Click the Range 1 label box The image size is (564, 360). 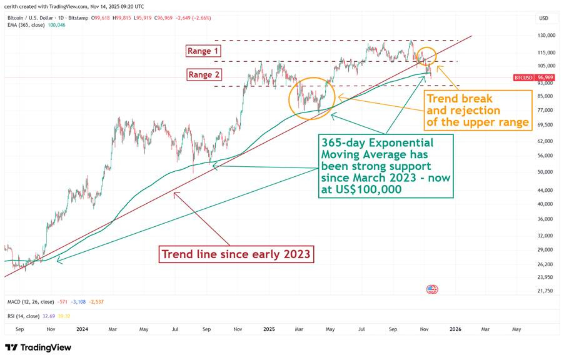[203, 51]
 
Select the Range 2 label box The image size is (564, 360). [203, 75]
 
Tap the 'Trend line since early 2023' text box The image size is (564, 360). [236, 254]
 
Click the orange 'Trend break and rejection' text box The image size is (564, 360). [477, 110]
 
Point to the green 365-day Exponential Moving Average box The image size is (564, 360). [385, 166]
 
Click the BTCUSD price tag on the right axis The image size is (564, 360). [523, 77]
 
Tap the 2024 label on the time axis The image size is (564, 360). [81, 329]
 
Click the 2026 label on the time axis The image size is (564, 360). [455, 329]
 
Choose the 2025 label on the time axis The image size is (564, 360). [269, 329]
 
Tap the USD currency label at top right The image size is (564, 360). [543, 19]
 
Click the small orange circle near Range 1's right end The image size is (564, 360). [426, 57]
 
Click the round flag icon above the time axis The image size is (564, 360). [432, 289]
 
